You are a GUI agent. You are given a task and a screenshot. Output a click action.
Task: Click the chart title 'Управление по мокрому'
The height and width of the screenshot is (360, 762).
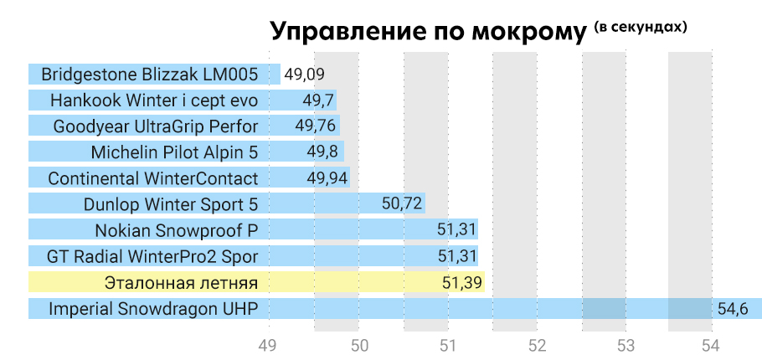pyautogui.click(x=428, y=33)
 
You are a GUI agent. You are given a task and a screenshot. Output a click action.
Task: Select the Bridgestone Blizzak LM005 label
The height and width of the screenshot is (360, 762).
pyautogui.click(x=149, y=74)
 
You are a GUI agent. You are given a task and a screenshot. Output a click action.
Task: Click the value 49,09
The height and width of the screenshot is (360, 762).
pyautogui.click(x=304, y=74)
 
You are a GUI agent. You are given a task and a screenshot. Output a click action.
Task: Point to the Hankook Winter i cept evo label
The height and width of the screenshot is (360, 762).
pyautogui.click(x=154, y=100)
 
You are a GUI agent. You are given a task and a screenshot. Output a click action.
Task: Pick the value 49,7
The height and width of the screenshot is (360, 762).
pyautogui.click(x=318, y=100)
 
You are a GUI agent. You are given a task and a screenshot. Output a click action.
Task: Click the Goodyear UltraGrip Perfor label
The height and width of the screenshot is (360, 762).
pyautogui.click(x=155, y=126)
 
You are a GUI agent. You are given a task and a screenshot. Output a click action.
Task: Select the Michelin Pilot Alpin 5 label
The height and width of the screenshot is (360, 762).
pyautogui.click(x=174, y=152)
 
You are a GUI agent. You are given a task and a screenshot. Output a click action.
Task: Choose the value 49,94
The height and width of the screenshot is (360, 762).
pyautogui.click(x=327, y=178)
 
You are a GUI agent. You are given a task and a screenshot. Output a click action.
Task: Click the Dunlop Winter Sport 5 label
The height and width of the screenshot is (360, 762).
pyautogui.click(x=171, y=204)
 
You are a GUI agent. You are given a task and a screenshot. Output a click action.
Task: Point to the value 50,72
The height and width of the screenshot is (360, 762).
pyautogui.click(x=401, y=204)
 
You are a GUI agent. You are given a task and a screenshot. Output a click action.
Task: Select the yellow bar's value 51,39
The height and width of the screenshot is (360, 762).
pyautogui.click(x=461, y=282)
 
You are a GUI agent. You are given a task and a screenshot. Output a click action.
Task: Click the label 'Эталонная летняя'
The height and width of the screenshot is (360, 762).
pyautogui.click(x=181, y=282)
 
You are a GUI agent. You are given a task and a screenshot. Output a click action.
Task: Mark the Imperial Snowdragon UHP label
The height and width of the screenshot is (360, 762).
pyautogui.click(x=153, y=308)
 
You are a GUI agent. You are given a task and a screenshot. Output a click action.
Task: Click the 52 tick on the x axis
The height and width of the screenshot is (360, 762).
pyautogui.click(x=536, y=345)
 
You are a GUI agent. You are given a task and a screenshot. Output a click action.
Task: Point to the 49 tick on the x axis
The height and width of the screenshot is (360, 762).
pyautogui.click(x=268, y=345)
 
